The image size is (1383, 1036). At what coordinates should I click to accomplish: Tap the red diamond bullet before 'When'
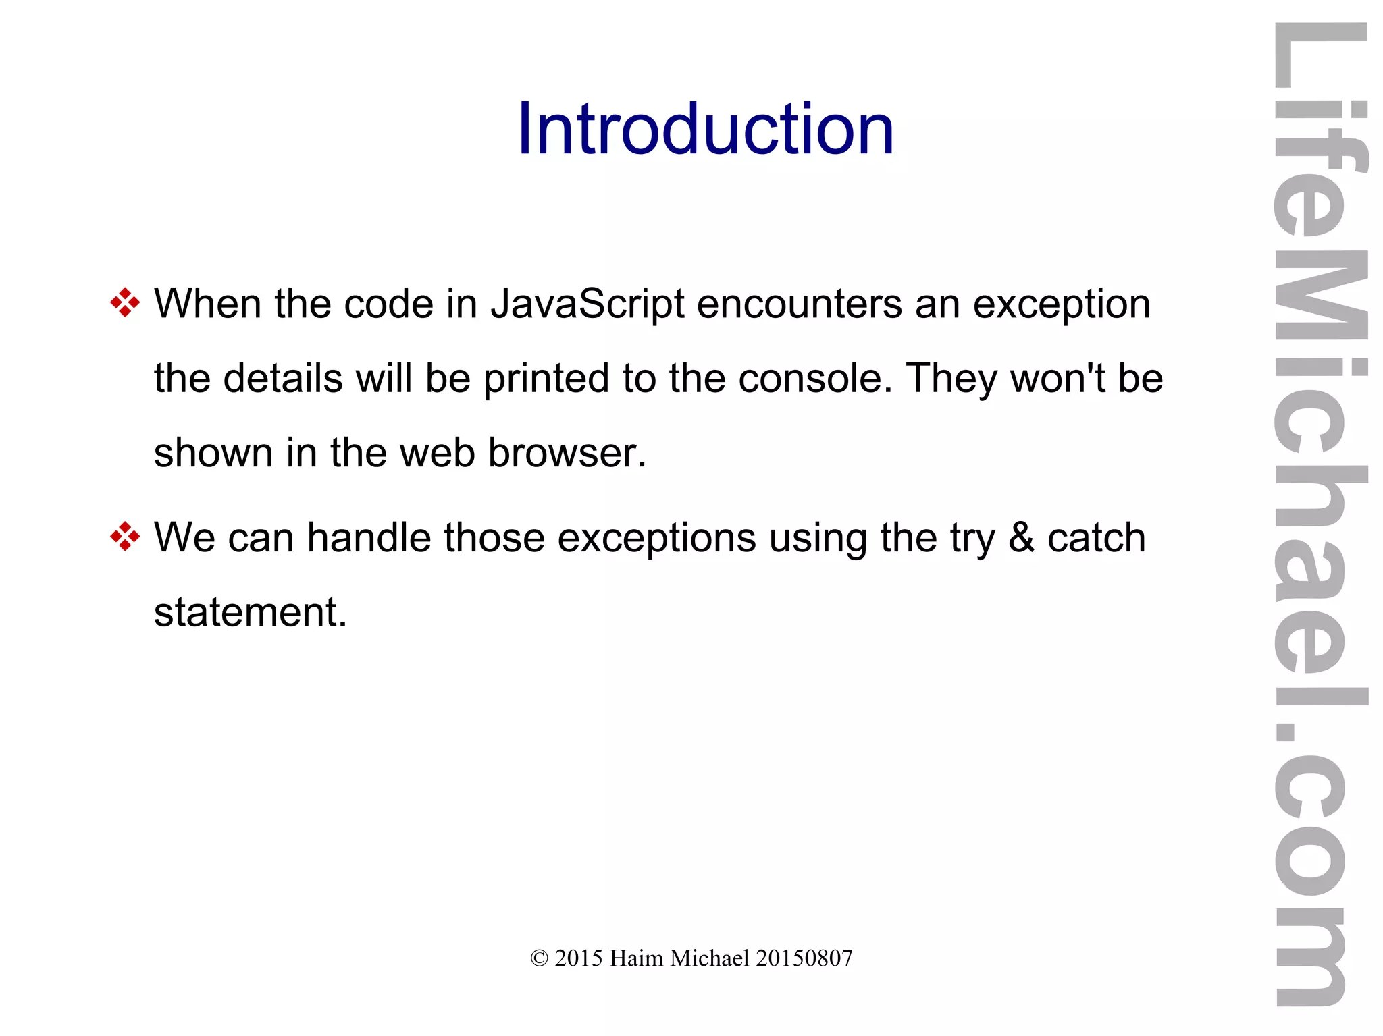125,302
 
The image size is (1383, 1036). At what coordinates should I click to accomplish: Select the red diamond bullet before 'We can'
125,537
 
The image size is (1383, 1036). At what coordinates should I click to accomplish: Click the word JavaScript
588,305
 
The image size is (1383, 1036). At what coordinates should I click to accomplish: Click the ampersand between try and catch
1021,538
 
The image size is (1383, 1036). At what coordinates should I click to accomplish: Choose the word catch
1096,538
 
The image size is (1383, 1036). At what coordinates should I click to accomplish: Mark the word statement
250,612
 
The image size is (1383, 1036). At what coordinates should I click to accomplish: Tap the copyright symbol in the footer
539,958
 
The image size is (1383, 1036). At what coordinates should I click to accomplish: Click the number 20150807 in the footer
804,958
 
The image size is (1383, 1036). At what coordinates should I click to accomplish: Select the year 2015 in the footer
579,958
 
